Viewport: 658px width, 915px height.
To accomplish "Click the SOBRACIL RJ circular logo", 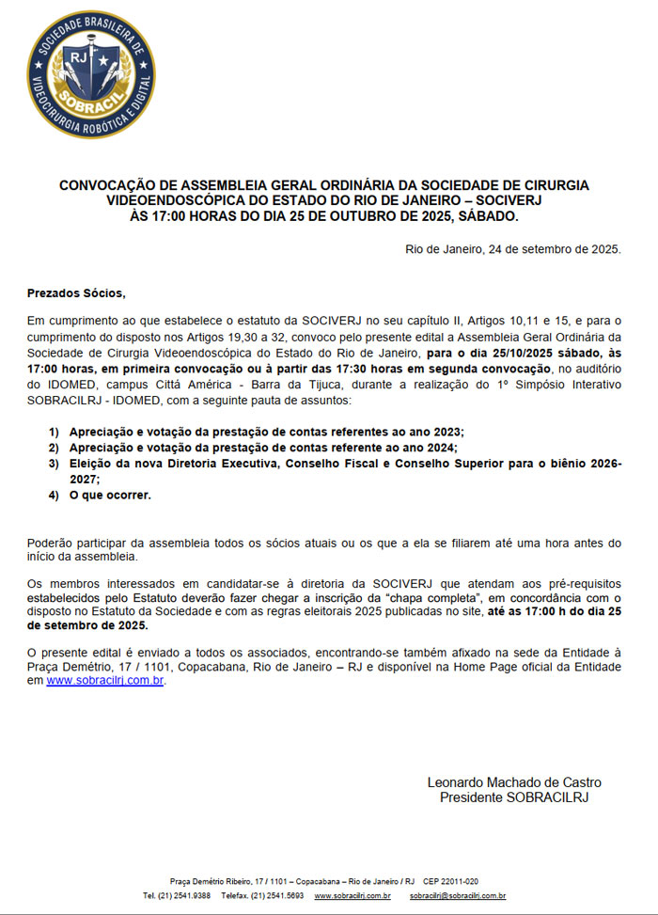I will [x=91, y=74].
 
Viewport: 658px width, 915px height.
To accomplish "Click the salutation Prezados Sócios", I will [x=76, y=293].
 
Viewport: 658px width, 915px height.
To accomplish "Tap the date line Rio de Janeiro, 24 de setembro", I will [x=512, y=249].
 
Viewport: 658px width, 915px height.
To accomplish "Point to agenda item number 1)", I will [x=55, y=431].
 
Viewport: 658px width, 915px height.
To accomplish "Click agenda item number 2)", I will [x=55, y=447].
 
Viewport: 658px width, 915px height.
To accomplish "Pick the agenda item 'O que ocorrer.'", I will [x=110, y=495].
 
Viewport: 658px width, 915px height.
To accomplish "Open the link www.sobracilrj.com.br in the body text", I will [x=105, y=681].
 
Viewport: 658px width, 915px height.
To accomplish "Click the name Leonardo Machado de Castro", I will [x=514, y=782].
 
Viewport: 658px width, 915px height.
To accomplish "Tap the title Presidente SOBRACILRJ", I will [x=514, y=797].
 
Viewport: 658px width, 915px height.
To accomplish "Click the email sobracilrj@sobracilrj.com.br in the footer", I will [x=458, y=896].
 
